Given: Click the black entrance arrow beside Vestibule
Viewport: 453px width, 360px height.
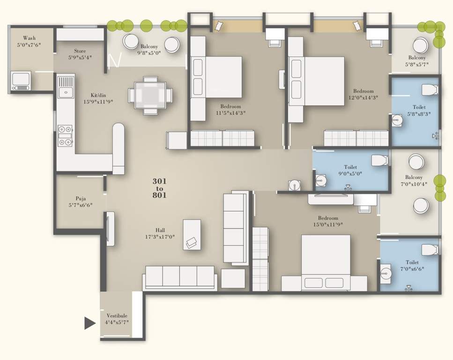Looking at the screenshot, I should point(89,323).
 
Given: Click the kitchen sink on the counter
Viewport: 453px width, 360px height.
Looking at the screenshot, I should point(66,86).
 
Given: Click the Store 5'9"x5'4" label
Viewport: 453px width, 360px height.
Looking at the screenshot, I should point(80,54).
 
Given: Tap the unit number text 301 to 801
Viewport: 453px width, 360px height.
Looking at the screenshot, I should point(159,187).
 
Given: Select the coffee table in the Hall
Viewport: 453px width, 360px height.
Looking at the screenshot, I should point(192,234).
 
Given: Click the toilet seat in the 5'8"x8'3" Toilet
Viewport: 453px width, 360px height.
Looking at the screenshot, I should point(429,90).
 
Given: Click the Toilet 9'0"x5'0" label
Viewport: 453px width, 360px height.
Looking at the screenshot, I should point(350,170).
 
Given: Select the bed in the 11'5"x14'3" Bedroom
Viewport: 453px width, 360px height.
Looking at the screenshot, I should point(218,77).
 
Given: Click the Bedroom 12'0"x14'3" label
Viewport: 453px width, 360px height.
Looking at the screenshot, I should point(364,94).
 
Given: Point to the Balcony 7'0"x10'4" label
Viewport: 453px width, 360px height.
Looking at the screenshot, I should point(414,180).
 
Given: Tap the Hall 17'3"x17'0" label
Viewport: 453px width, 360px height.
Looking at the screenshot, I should point(160,233).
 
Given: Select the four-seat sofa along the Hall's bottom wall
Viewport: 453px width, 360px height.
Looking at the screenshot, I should point(179,277).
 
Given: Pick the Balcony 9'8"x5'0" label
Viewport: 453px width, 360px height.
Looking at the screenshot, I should point(149,50).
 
